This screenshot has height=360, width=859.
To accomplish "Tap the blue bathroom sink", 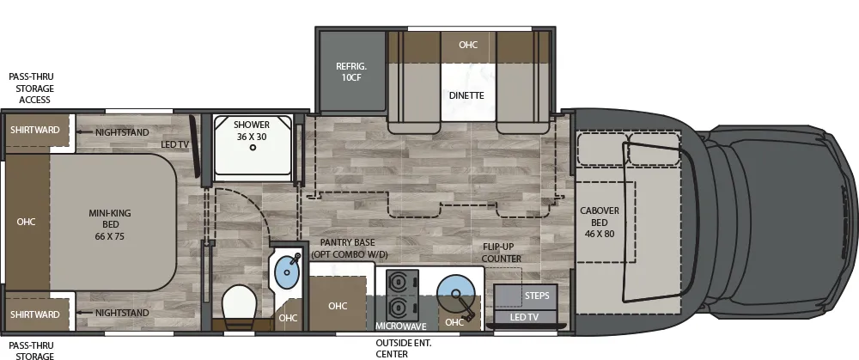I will click(x=285, y=275).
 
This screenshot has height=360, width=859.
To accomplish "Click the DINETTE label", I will click(x=466, y=95).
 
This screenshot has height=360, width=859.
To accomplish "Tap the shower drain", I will click(x=253, y=148).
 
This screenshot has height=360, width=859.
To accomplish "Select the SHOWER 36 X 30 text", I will click(x=252, y=131).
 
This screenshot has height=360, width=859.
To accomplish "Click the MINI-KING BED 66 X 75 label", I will click(x=113, y=223).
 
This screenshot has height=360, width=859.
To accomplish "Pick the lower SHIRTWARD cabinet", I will click(x=34, y=314).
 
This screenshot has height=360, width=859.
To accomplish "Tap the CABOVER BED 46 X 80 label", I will click(x=600, y=222).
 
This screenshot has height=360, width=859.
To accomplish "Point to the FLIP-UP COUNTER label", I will click(x=502, y=252).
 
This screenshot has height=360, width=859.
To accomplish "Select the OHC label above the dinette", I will click(x=467, y=45).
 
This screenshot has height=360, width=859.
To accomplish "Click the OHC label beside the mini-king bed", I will click(x=26, y=221).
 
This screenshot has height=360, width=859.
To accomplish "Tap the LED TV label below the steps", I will click(x=525, y=318).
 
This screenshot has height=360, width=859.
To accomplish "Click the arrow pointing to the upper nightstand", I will click(x=84, y=132).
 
